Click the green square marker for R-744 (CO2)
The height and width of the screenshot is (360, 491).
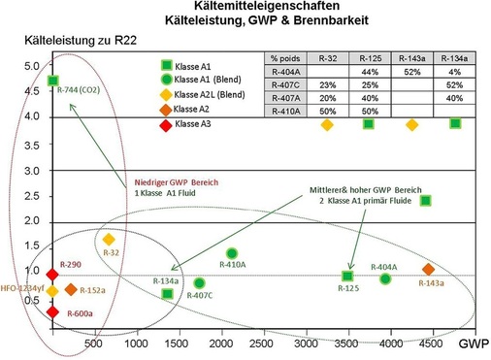[52, 81]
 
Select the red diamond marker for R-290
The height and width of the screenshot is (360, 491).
[52, 273]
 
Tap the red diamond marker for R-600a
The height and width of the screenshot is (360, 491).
[52, 311]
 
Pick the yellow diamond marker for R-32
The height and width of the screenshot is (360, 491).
[109, 239]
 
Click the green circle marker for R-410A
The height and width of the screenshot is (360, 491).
[232, 253]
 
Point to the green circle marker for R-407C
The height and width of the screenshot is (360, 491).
[199, 283]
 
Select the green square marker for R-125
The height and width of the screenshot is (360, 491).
[348, 277]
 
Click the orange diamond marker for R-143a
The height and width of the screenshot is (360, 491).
[429, 270]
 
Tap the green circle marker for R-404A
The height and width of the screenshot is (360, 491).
[385, 279]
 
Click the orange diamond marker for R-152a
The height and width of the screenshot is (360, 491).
[71, 290]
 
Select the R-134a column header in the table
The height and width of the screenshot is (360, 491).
[455, 59]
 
